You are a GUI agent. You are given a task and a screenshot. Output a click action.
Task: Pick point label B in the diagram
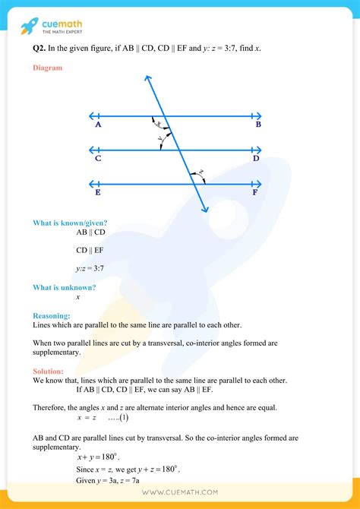pos(258,125)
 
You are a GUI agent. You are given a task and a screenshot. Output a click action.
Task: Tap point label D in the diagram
pos(257,159)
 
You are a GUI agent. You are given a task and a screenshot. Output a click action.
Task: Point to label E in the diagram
pos(99,193)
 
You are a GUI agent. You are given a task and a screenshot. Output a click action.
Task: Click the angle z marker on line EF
pos(201,173)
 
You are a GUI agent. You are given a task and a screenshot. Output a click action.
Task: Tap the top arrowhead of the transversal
pos(145,77)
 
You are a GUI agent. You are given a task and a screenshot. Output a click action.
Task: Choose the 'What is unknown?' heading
pos(64,287)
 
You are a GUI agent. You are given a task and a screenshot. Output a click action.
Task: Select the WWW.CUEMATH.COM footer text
pos(180,494)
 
